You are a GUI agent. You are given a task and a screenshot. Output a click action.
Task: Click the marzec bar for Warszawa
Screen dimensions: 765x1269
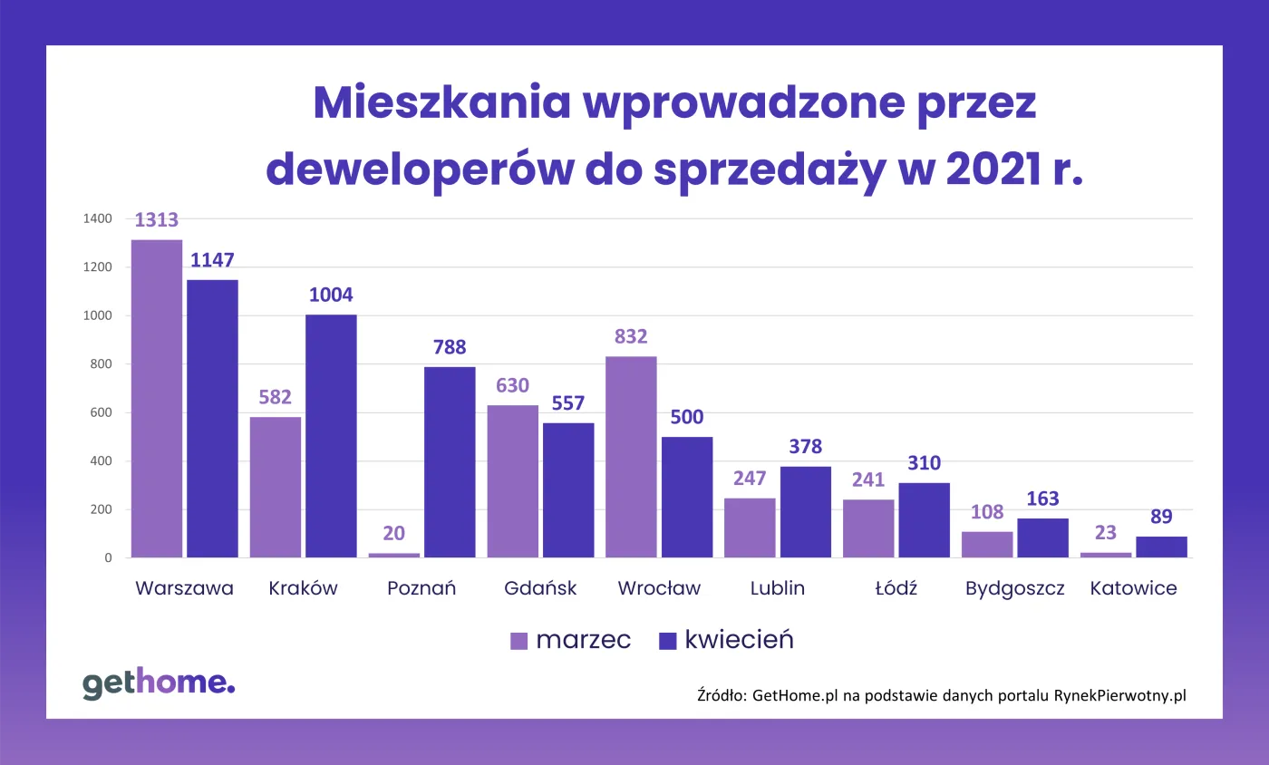pos(157,399)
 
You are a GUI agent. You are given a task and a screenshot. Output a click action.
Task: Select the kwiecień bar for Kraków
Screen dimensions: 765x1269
pos(331,436)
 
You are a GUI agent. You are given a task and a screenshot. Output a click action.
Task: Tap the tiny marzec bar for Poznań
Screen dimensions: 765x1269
pos(393,555)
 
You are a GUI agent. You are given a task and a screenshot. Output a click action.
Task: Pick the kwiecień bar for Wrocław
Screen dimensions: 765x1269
pos(687,497)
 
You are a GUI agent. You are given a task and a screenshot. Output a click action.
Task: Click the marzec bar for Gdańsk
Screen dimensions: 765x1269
pos(512,481)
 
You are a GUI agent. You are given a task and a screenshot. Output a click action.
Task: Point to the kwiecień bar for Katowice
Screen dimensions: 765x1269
pos(1161,547)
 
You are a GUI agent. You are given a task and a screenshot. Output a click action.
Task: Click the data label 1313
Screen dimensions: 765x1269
pos(157,220)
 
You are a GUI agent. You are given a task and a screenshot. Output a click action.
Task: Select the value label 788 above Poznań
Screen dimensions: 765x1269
pos(450,347)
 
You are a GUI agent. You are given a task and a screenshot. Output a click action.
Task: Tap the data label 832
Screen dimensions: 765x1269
pos(631,337)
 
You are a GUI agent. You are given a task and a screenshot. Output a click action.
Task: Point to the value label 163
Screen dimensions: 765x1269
pos(1042,499)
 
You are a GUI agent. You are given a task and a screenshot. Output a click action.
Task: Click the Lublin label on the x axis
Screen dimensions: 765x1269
pos(778,588)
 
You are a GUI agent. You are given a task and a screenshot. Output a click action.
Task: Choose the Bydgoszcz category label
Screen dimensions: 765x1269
pos(1014,588)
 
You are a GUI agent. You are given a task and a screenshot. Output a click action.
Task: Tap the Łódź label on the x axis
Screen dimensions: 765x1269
pos(896,588)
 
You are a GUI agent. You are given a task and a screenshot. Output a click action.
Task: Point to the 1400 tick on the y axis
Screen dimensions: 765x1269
pos(97,218)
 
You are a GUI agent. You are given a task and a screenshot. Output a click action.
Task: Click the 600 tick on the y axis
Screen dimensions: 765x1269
pos(101,412)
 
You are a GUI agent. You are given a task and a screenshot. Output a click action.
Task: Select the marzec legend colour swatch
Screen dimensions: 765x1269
pos(518,641)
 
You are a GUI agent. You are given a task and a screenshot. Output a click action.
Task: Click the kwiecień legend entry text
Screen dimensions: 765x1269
pos(739,640)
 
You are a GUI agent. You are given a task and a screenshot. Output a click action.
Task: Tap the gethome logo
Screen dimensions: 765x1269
pos(159,683)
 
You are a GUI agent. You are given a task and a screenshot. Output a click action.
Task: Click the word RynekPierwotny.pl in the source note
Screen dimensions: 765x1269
pos(1119,696)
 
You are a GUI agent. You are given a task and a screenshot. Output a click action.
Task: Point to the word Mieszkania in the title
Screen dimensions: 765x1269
pos(441,104)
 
